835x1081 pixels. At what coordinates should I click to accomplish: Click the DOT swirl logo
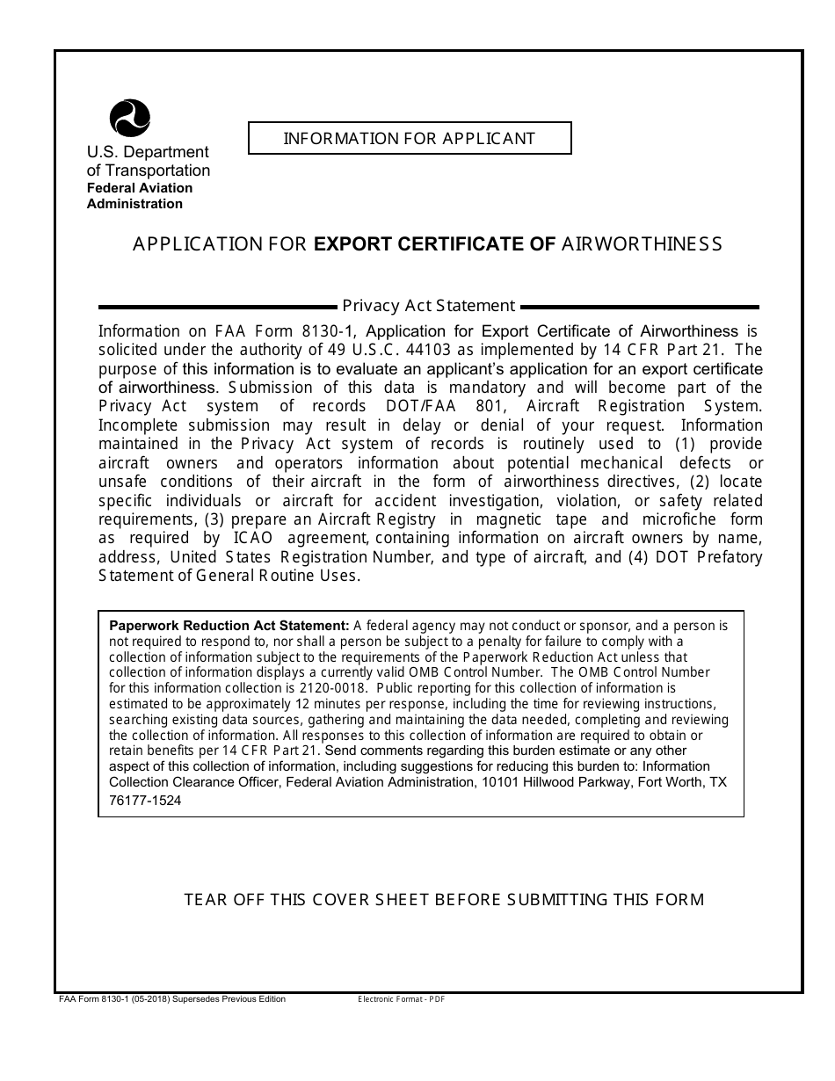pyautogui.click(x=129, y=118)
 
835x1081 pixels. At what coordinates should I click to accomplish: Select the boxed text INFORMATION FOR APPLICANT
pyautogui.click(x=409, y=138)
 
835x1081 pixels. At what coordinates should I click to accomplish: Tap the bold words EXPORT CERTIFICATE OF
pyautogui.click(x=434, y=244)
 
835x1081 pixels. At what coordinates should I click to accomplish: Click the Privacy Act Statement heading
pyautogui.click(x=428, y=306)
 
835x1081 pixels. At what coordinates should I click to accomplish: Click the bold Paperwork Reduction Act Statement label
pyautogui.click(x=229, y=627)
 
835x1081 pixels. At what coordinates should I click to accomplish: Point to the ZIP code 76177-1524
pyautogui.click(x=145, y=801)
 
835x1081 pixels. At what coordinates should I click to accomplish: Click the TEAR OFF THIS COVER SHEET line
pyautogui.click(x=444, y=899)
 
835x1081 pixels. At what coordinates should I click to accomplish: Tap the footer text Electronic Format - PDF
pyautogui.click(x=402, y=1000)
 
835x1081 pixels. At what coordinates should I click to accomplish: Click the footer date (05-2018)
pyautogui.click(x=152, y=999)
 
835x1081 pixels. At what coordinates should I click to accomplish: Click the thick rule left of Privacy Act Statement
pyautogui.click(x=217, y=307)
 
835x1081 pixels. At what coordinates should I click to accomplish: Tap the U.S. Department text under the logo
pyautogui.click(x=148, y=153)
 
